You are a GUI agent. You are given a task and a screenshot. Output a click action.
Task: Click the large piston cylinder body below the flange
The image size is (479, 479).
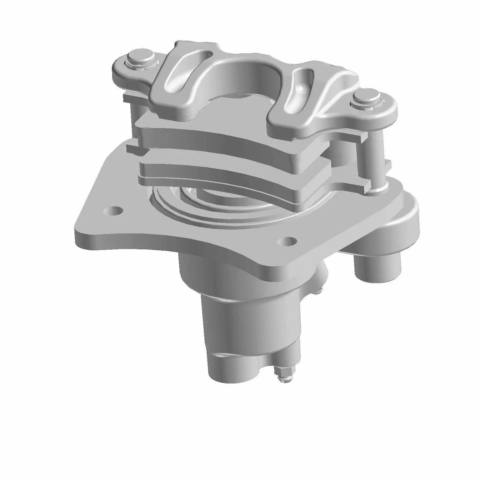point(249,323)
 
